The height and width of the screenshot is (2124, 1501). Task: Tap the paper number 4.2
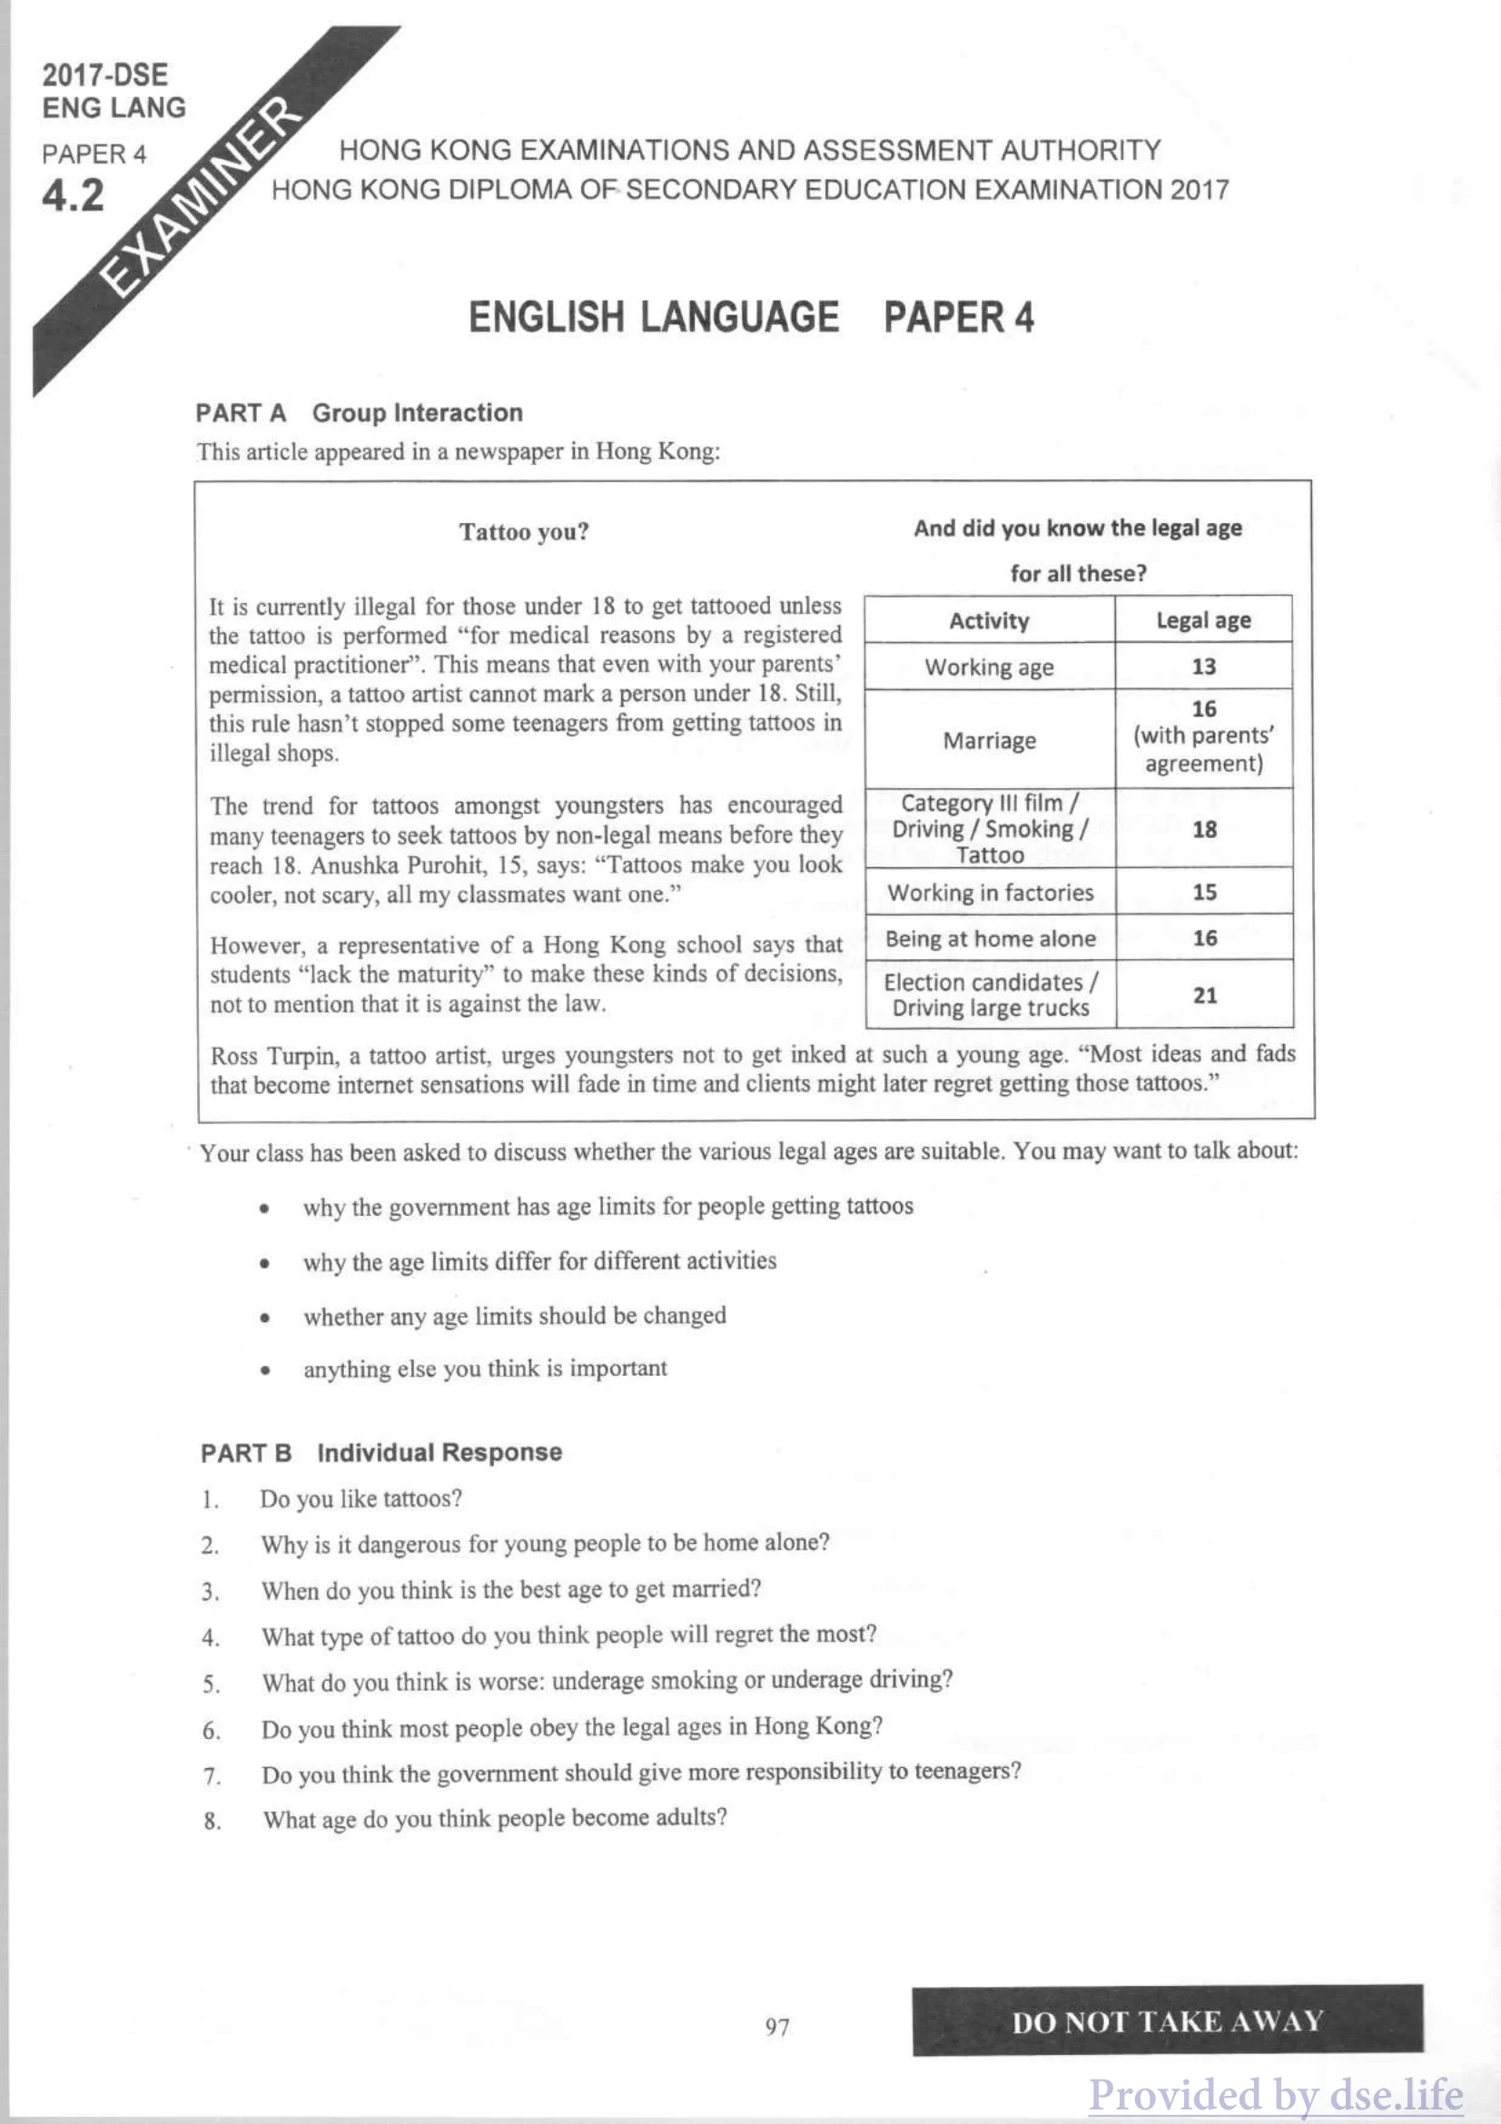73,196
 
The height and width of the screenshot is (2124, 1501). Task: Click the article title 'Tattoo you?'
523,532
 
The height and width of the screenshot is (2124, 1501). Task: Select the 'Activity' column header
989,621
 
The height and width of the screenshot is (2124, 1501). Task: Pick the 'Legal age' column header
1203,621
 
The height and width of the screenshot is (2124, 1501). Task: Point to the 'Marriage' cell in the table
989,741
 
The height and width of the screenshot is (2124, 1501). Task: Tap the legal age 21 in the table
1204,995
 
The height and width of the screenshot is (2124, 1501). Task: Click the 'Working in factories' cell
990,893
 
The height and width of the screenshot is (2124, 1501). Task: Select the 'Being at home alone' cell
990,939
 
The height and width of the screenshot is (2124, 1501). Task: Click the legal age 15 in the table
1204,893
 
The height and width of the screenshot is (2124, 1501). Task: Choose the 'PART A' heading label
241,412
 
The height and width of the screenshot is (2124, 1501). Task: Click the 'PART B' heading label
246,1452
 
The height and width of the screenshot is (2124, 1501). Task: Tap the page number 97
777,2027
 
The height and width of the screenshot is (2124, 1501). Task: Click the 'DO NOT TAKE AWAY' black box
1167,2021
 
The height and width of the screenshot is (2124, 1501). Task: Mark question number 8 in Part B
212,1821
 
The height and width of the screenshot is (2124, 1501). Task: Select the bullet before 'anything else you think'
265,1371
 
